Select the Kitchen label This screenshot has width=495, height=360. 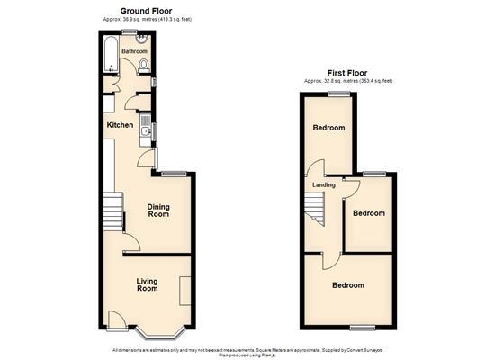tap(121, 125)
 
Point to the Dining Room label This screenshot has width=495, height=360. tap(158, 211)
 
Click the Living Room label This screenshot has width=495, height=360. tap(147, 284)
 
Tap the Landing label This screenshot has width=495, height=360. tap(323, 185)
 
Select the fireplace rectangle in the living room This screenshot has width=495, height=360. tap(184, 291)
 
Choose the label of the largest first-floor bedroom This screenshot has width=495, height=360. tap(348, 285)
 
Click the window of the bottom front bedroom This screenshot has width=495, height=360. tap(363, 325)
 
